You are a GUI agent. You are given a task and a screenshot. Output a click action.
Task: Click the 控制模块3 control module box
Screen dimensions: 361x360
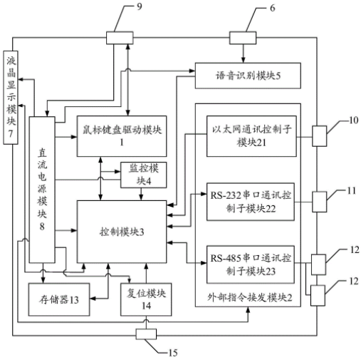(x=122, y=232)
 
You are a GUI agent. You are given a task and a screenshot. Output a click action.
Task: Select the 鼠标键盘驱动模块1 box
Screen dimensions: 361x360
(x=122, y=136)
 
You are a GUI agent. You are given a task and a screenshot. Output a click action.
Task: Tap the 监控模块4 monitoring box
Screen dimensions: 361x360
(x=143, y=175)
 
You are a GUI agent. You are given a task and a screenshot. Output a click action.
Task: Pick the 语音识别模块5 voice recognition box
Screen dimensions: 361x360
(x=248, y=76)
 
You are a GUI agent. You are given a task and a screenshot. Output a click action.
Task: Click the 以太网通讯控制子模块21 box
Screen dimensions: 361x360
(x=251, y=136)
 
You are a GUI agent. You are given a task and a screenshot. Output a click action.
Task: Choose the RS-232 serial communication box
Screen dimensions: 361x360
(x=251, y=202)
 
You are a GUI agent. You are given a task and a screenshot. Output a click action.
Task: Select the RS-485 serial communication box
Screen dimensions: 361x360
(x=251, y=264)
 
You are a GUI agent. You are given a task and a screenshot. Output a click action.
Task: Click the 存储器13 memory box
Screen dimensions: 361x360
(x=59, y=299)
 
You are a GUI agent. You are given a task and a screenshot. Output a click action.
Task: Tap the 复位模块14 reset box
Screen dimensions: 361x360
(x=146, y=299)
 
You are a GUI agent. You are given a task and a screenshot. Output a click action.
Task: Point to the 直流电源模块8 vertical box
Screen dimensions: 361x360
(x=42, y=190)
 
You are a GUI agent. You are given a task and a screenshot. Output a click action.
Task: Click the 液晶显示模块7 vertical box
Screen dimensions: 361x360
(x=11, y=98)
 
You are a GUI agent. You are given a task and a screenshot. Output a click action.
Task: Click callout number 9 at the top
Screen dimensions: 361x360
(x=140, y=6)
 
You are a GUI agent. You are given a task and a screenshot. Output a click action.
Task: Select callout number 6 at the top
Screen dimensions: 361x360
(x=273, y=8)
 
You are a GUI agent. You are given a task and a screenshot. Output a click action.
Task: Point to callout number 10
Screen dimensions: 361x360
(x=353, y=120)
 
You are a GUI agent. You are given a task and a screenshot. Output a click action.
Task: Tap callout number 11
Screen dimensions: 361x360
(x=352, y=190)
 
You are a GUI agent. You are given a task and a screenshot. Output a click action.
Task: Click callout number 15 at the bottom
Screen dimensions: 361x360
(x=173, y=353)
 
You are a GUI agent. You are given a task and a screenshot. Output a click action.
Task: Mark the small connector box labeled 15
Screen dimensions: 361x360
(x=146, y=334)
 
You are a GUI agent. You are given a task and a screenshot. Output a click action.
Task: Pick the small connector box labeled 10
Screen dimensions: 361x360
(x=319, y=136)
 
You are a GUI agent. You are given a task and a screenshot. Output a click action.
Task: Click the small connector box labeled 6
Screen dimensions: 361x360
(x=243, y=38)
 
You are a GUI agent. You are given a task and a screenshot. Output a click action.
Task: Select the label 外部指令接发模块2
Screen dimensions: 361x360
(x=250, y=297)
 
